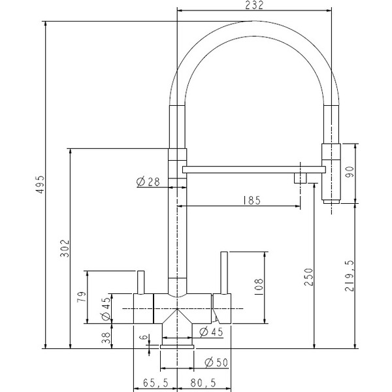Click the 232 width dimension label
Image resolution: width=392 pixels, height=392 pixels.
pyautogui.click(x=254, y=5)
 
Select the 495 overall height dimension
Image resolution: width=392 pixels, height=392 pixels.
pyautogui.click(x=40, y=184)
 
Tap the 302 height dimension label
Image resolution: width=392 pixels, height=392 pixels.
pyautogui.click(x=65, y=248)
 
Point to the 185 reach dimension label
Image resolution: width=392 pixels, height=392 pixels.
pyautogui.click(x=252, y=200)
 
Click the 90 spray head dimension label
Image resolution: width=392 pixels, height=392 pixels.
pyautogui.click(x=350, y=172)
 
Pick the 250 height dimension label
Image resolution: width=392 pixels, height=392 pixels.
pyautogui.click(x=308, y=277)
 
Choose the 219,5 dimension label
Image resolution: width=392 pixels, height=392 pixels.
pyautogui.click(x=350, y=276)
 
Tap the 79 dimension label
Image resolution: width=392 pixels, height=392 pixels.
pyautogui.click(x=82, y=297)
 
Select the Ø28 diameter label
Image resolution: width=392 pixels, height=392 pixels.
pyautogui.click(x=148, y=182)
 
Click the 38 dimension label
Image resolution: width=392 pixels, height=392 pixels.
pyautogui.click(x=106, y=338)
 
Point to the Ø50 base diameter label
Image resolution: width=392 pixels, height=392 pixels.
pyautogui.click(x=216, y=362)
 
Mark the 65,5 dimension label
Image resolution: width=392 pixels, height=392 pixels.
pyautogui.click(x=155, y=383)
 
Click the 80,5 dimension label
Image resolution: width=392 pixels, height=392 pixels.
pyautogui.click(x=203, y=383)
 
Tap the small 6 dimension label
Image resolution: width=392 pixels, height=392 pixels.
pyautogui.click(x=143, y=336)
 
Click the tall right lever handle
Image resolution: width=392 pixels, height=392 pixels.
pyautogui.click(x=224, y=273)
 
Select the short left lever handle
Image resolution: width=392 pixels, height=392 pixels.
pyautogui.click(x=141, y=282)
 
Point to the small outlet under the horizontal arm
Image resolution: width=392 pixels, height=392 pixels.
pyautogui.click(x=301, y=178)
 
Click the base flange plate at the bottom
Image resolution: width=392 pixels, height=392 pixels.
pyautogui.click(x=177, y=347)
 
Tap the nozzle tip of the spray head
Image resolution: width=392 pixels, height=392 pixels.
pyautogui.click(x=331, y=201)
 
